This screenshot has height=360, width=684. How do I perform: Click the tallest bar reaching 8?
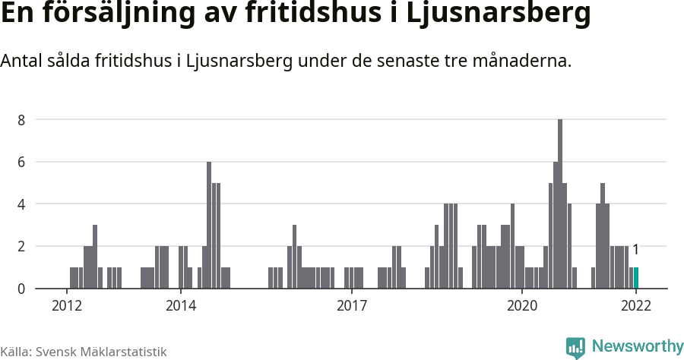pyautogui.click(x=560, y=204)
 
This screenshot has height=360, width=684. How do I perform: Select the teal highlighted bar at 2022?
pyautogui.click(x=636, y=278)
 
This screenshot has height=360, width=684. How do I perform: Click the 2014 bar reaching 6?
pyautogui.click(x=209, y=225)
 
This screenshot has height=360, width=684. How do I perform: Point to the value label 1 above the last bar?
pyautogui.click(x=635, y=249)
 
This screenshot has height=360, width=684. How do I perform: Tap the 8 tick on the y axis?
pyautogui.click(x=22, y=120)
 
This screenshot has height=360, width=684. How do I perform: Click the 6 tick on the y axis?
pyautogui.click(x=22, y=162)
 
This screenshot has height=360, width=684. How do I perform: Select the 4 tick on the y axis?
pyautogui.click(x=22, y=204)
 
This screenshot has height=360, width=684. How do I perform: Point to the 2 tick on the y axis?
pyautogui.click(x=22, y=246)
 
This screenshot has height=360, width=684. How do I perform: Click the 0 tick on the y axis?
pyautogui.click(x=22, y=289)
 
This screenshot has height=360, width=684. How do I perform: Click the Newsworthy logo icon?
pyautogui.click(x=575, y=347)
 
